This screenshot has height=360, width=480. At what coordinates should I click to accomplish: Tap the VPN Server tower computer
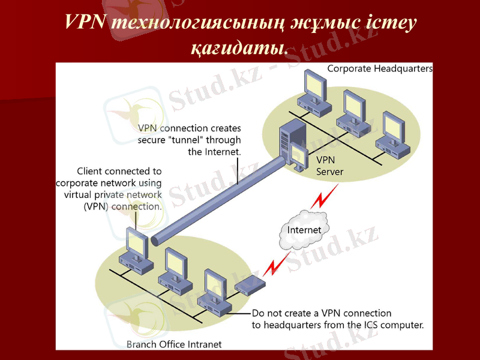(292, 145)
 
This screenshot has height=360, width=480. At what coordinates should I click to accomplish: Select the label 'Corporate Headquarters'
(379, 68)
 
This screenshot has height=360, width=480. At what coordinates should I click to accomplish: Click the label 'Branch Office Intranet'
(174, 344)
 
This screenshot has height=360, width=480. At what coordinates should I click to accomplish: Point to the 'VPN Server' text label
(329, 166)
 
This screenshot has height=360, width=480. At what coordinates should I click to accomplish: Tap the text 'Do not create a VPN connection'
(321, 313)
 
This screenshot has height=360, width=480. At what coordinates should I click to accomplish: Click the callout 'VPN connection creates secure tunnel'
(190, 140)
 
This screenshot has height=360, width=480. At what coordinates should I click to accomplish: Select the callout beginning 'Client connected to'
(109, 188)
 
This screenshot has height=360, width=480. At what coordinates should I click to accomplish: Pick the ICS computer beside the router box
(217, 290)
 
